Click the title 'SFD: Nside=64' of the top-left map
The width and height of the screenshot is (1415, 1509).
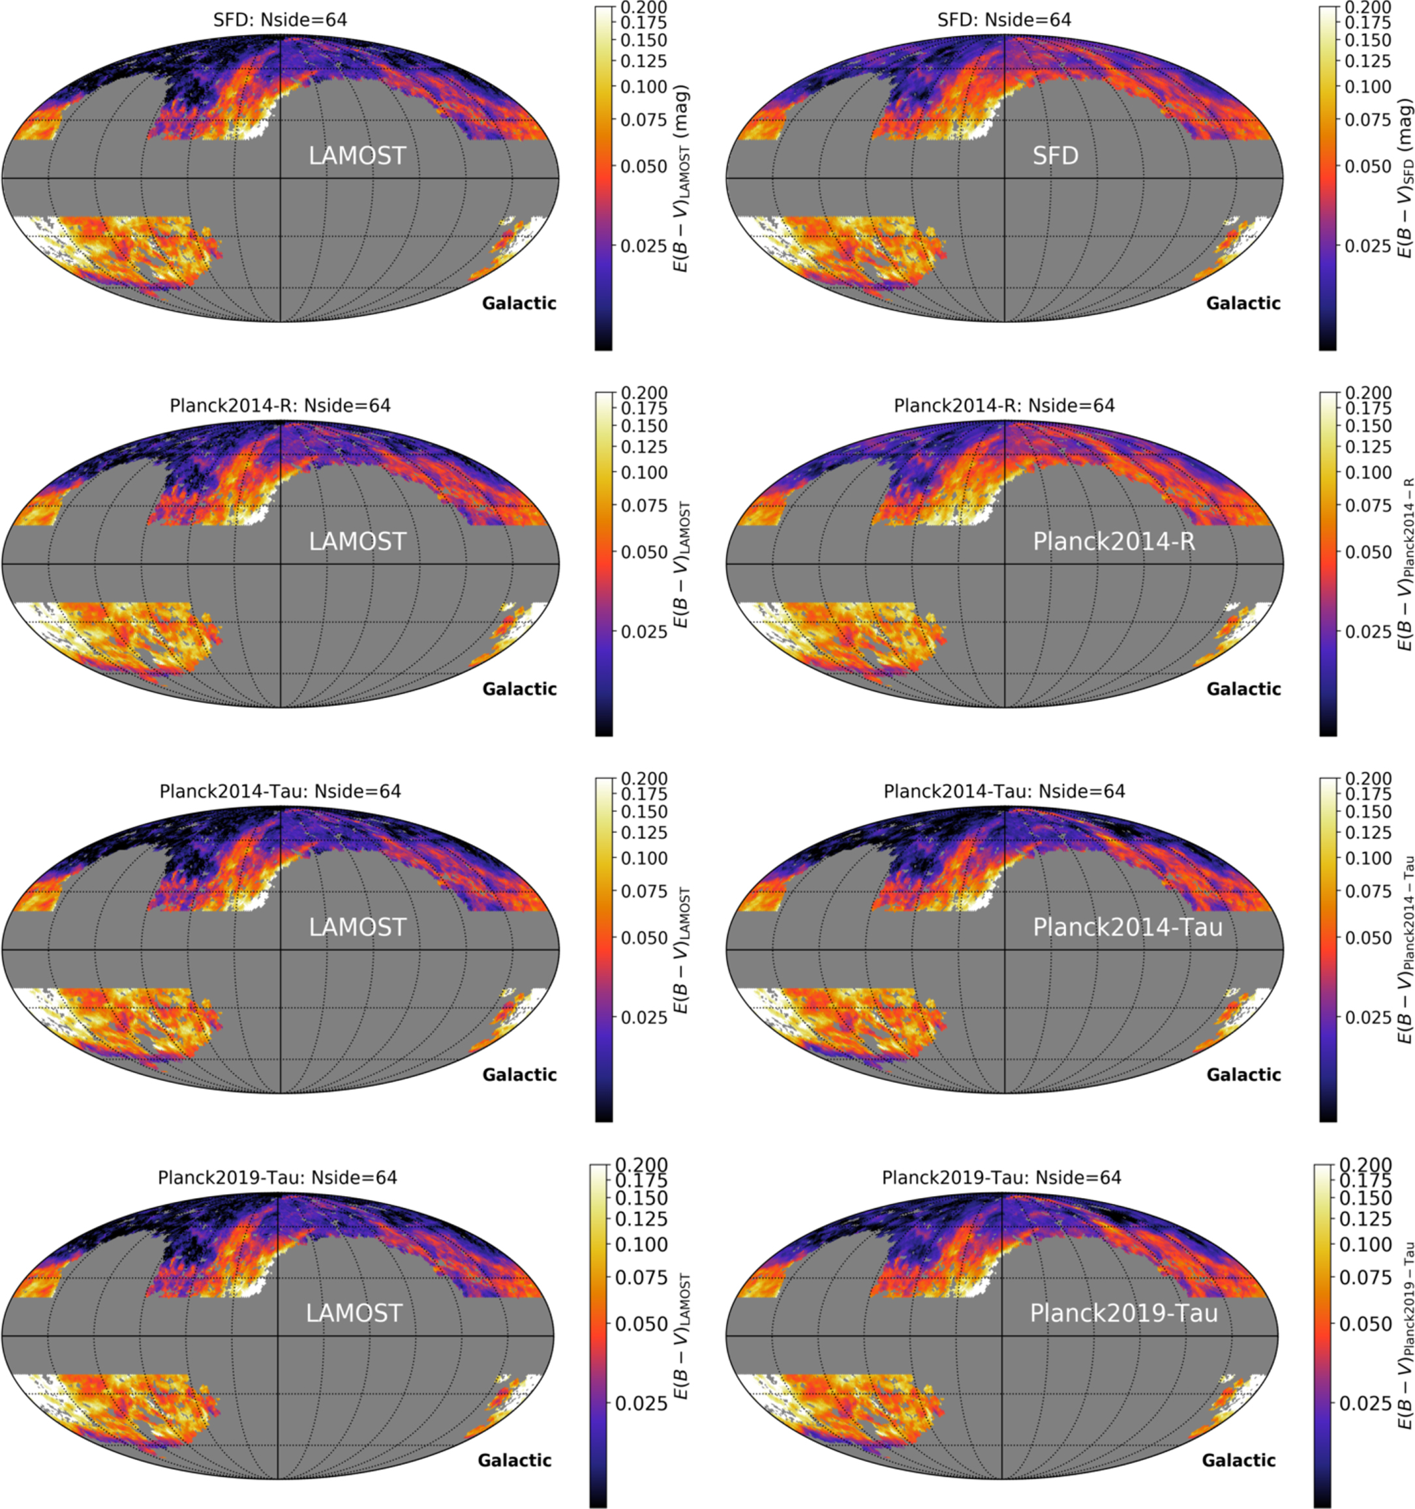(x=281, y=20)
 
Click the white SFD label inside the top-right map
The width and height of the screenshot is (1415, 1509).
(x=1055, y=156)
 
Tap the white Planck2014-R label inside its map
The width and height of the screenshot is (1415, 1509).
(x=1114, y=542)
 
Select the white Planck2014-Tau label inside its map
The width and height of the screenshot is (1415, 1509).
(x=1127, y=928)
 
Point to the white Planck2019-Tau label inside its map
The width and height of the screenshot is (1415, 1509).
(x=1123, y=1314)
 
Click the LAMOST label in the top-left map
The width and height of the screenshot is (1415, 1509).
(x=357, y=156)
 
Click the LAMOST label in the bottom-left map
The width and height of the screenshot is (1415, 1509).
(x=354, y=1314)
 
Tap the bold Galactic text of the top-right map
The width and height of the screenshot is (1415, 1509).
(x=1243, y=304)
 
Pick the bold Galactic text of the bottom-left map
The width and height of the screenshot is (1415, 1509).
(x=514, y=1460)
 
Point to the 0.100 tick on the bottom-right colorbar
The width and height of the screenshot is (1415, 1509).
(x=1363, y=1244)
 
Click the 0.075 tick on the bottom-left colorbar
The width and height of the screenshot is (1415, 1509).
(x=639, y=1278)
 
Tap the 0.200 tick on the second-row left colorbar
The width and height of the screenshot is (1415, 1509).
(x=644, y=393)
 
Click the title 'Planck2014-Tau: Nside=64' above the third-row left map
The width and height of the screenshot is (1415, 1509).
(x=281, y=792)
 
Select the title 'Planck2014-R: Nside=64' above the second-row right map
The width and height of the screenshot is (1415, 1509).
(x=1004, y=406)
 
